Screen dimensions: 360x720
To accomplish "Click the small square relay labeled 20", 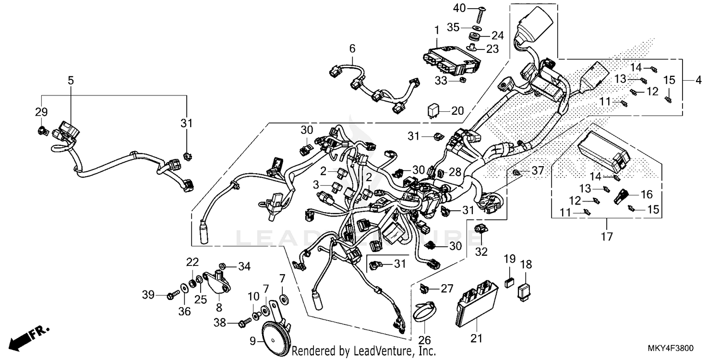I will [433, 110].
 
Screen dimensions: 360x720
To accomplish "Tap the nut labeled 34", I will [223, 265].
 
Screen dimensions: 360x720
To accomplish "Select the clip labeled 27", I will [424, 288].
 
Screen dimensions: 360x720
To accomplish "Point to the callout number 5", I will [71, 81].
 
